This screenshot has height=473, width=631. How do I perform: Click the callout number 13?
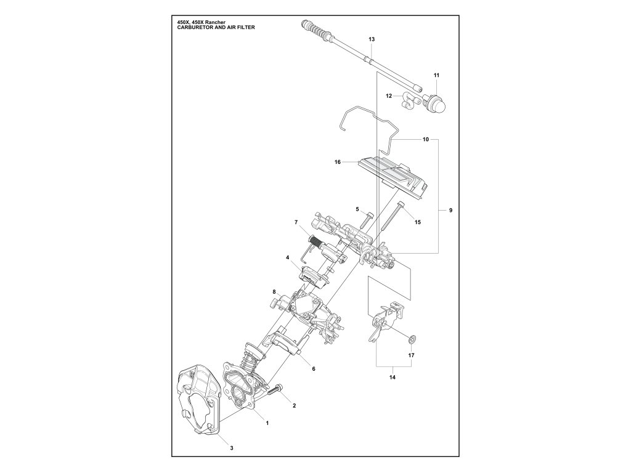coord(372,39)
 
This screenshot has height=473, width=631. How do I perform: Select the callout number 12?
coord(389,96)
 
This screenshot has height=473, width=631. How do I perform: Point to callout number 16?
coord(338,163)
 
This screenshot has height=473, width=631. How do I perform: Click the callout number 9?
coord(450,211)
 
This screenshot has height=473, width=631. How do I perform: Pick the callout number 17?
coord(411,355)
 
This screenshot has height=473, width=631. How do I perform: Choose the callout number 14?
coord(393,378)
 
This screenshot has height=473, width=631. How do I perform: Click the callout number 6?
coord(313,369)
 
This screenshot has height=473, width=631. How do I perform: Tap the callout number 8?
coord(274,291)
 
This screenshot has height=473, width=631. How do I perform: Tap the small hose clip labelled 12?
coord(407,100)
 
